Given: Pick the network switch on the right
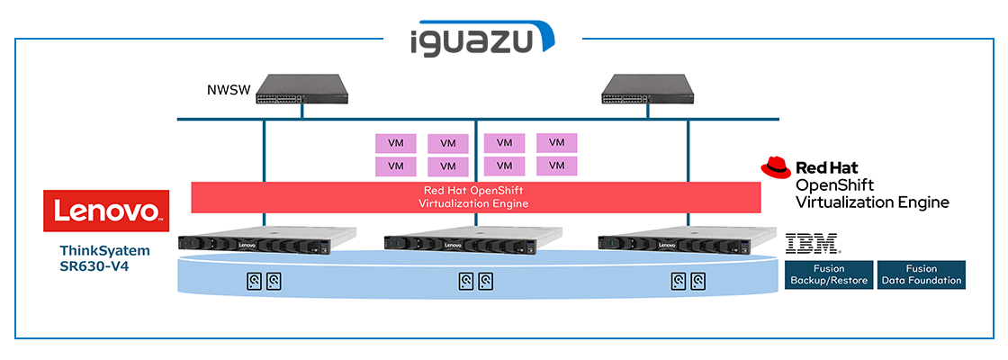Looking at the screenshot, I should pyautogui.click(x=650, y=87).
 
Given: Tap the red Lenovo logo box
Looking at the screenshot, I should pyautogui.click(x=106, y=211).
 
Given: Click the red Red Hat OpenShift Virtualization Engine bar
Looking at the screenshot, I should pyautogui.click(x=475, y=197).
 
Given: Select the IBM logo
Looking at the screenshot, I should pyautogui.click(x=813, y=242).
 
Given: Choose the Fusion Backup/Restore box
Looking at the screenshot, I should pyautogui.click(x=828, y=274).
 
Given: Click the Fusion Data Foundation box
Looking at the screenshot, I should pyautogui.click(x=921, y=274).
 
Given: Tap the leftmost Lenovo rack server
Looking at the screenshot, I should pyautogui.click(x=267, y=242).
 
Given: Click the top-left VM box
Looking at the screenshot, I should pyautogui.click(x=395, y=143).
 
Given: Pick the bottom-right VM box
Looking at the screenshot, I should pyautogui.click(x=556, y=166).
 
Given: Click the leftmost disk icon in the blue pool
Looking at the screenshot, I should pyautogui.click(x=253, y=281).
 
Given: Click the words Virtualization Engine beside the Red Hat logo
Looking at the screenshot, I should pyautogui.click(x=872, y=202).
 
